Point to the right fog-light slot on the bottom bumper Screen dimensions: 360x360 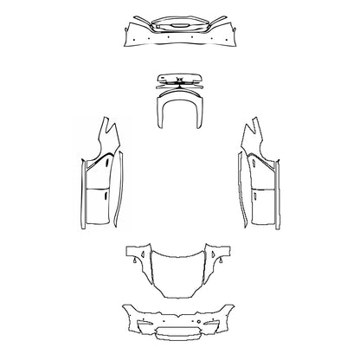pyautogui.click(x=216, y=329)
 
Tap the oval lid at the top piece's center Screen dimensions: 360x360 pyautogui.click(x=180, y=27)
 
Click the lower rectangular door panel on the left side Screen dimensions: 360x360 pyautogui.click(x=96, y=207)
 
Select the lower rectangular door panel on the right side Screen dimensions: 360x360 pyautogui.click(x=264, y=207)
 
